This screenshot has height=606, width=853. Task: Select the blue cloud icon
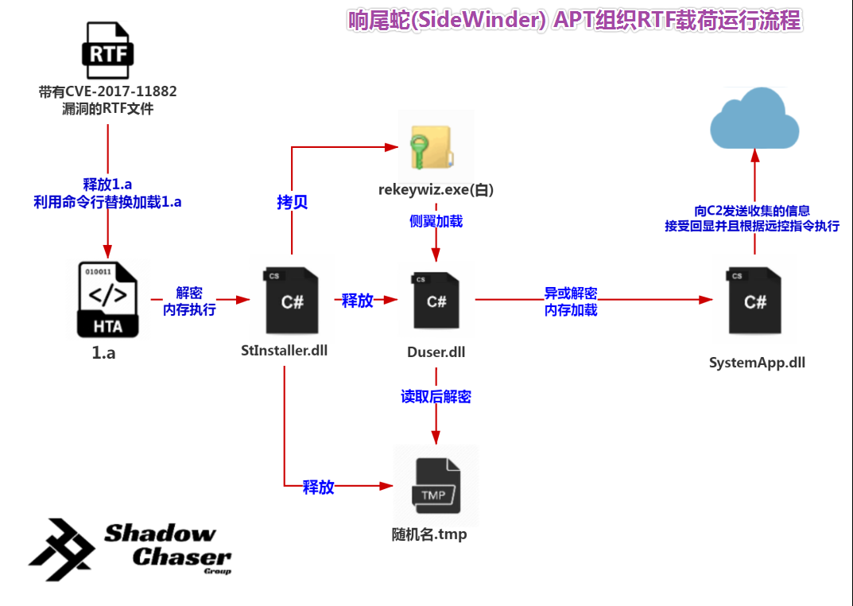[x=754, y=119]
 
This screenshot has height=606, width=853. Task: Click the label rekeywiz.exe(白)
[x=436, y=189]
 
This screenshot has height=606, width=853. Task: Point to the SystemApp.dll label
[x=757, y=363]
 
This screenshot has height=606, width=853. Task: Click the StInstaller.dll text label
[x=285, y=350]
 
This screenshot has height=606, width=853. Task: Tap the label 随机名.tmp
[x=429, y=534]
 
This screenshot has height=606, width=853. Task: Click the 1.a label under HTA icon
[x=103, y=353]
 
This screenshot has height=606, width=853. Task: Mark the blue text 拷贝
[x=292, y=202]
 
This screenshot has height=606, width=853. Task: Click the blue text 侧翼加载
[x=436, y=222]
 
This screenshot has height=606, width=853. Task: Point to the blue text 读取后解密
[x=436, y=396]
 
